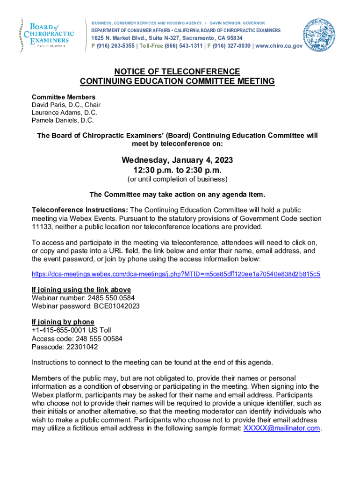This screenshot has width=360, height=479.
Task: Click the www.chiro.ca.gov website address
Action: pos(279,46)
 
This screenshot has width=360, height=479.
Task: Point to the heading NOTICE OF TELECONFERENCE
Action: pos(177,72)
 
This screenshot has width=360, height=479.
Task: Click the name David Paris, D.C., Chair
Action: pos(66,105)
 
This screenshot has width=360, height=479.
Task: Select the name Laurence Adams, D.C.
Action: pos(65,113)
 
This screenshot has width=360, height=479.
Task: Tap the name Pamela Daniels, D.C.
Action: pos(63,120)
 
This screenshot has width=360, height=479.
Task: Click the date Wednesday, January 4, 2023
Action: pos(177,160)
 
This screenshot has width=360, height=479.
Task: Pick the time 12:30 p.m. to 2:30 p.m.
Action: pos(177,170)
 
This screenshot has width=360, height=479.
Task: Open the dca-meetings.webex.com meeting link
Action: pos(176,274)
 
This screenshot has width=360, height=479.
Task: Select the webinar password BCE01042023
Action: pos(114,306)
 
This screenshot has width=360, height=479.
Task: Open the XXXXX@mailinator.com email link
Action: pos(282,428)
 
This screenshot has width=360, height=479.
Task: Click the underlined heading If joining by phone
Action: pos(63,322)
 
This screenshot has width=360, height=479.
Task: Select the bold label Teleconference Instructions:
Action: pos(79,210)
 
